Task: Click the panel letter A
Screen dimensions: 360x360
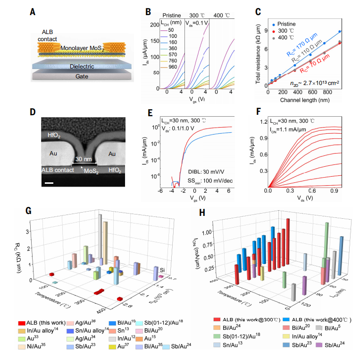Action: coord(33,10)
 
